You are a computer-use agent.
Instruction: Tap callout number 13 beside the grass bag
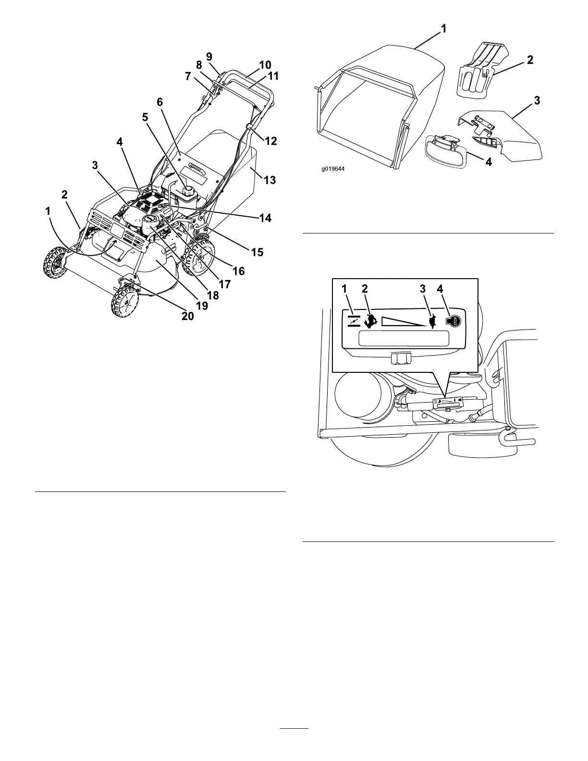point(270,180)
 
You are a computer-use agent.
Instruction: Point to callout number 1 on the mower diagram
point(48,211)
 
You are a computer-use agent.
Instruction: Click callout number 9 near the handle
point(209,56)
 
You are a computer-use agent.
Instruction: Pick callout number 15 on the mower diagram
point(257,252)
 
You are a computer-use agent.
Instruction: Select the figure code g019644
point(334,169)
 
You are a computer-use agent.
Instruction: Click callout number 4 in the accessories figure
point(488,162)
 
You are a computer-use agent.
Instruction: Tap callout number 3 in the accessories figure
point(537,101)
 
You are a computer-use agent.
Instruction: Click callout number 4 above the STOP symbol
point(441,289)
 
